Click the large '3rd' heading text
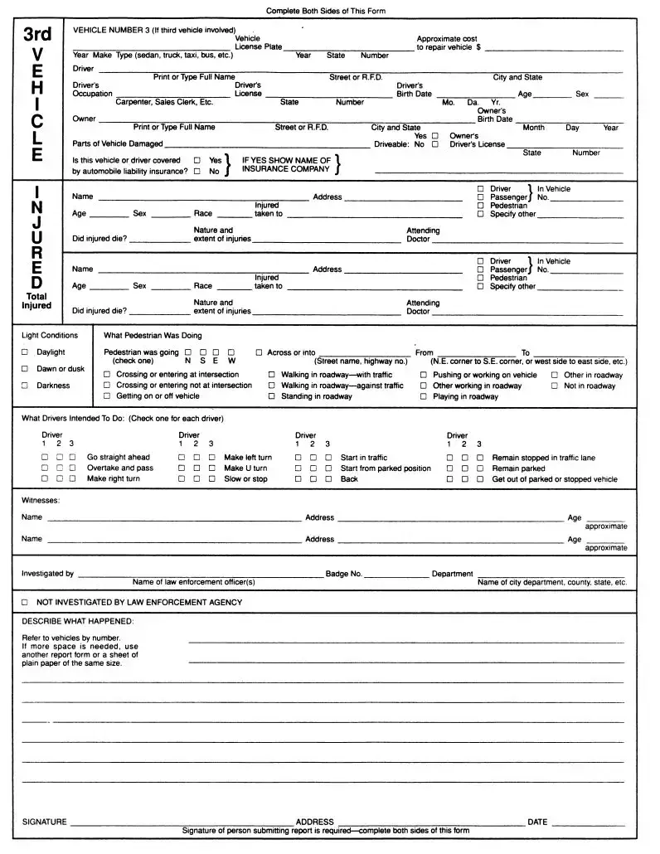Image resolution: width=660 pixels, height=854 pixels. [x=37, y=35]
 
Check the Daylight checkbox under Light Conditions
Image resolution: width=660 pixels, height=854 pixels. [x=25, y=352]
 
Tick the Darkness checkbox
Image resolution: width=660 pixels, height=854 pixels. [x=25, y=386]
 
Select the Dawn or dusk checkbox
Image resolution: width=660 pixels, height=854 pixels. [x=25, y=369]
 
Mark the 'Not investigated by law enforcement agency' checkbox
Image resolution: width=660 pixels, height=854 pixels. [x=25, y=602]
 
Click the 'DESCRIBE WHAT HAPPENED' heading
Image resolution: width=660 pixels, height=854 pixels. [x=77, y=621]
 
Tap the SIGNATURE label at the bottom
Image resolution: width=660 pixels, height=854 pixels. [x=44, y=822]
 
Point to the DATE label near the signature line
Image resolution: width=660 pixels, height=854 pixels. [x=537, y=822]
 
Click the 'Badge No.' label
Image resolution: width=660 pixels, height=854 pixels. [x=343, y=573]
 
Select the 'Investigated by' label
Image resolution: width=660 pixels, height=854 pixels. [x=47, y=573]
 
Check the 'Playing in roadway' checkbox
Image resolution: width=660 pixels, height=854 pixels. [x=424, y=396]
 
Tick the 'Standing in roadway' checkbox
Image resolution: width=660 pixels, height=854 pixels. [x=272, y=396]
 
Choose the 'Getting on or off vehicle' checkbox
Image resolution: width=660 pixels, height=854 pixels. [x=107, y=396]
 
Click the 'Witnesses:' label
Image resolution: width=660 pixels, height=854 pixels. [x=41, y=500]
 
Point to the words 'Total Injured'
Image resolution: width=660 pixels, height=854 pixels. [x=37, y=301]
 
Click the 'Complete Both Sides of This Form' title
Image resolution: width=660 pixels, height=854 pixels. [x=325, y=11]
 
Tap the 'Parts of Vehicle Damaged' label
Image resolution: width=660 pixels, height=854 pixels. [x=118, y=144]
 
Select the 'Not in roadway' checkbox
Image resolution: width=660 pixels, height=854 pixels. [x=555, y=386]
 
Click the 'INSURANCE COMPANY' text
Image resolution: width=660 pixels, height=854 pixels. [x=286, y=169]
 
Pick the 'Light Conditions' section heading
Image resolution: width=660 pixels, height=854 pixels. [x=50, y=336]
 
